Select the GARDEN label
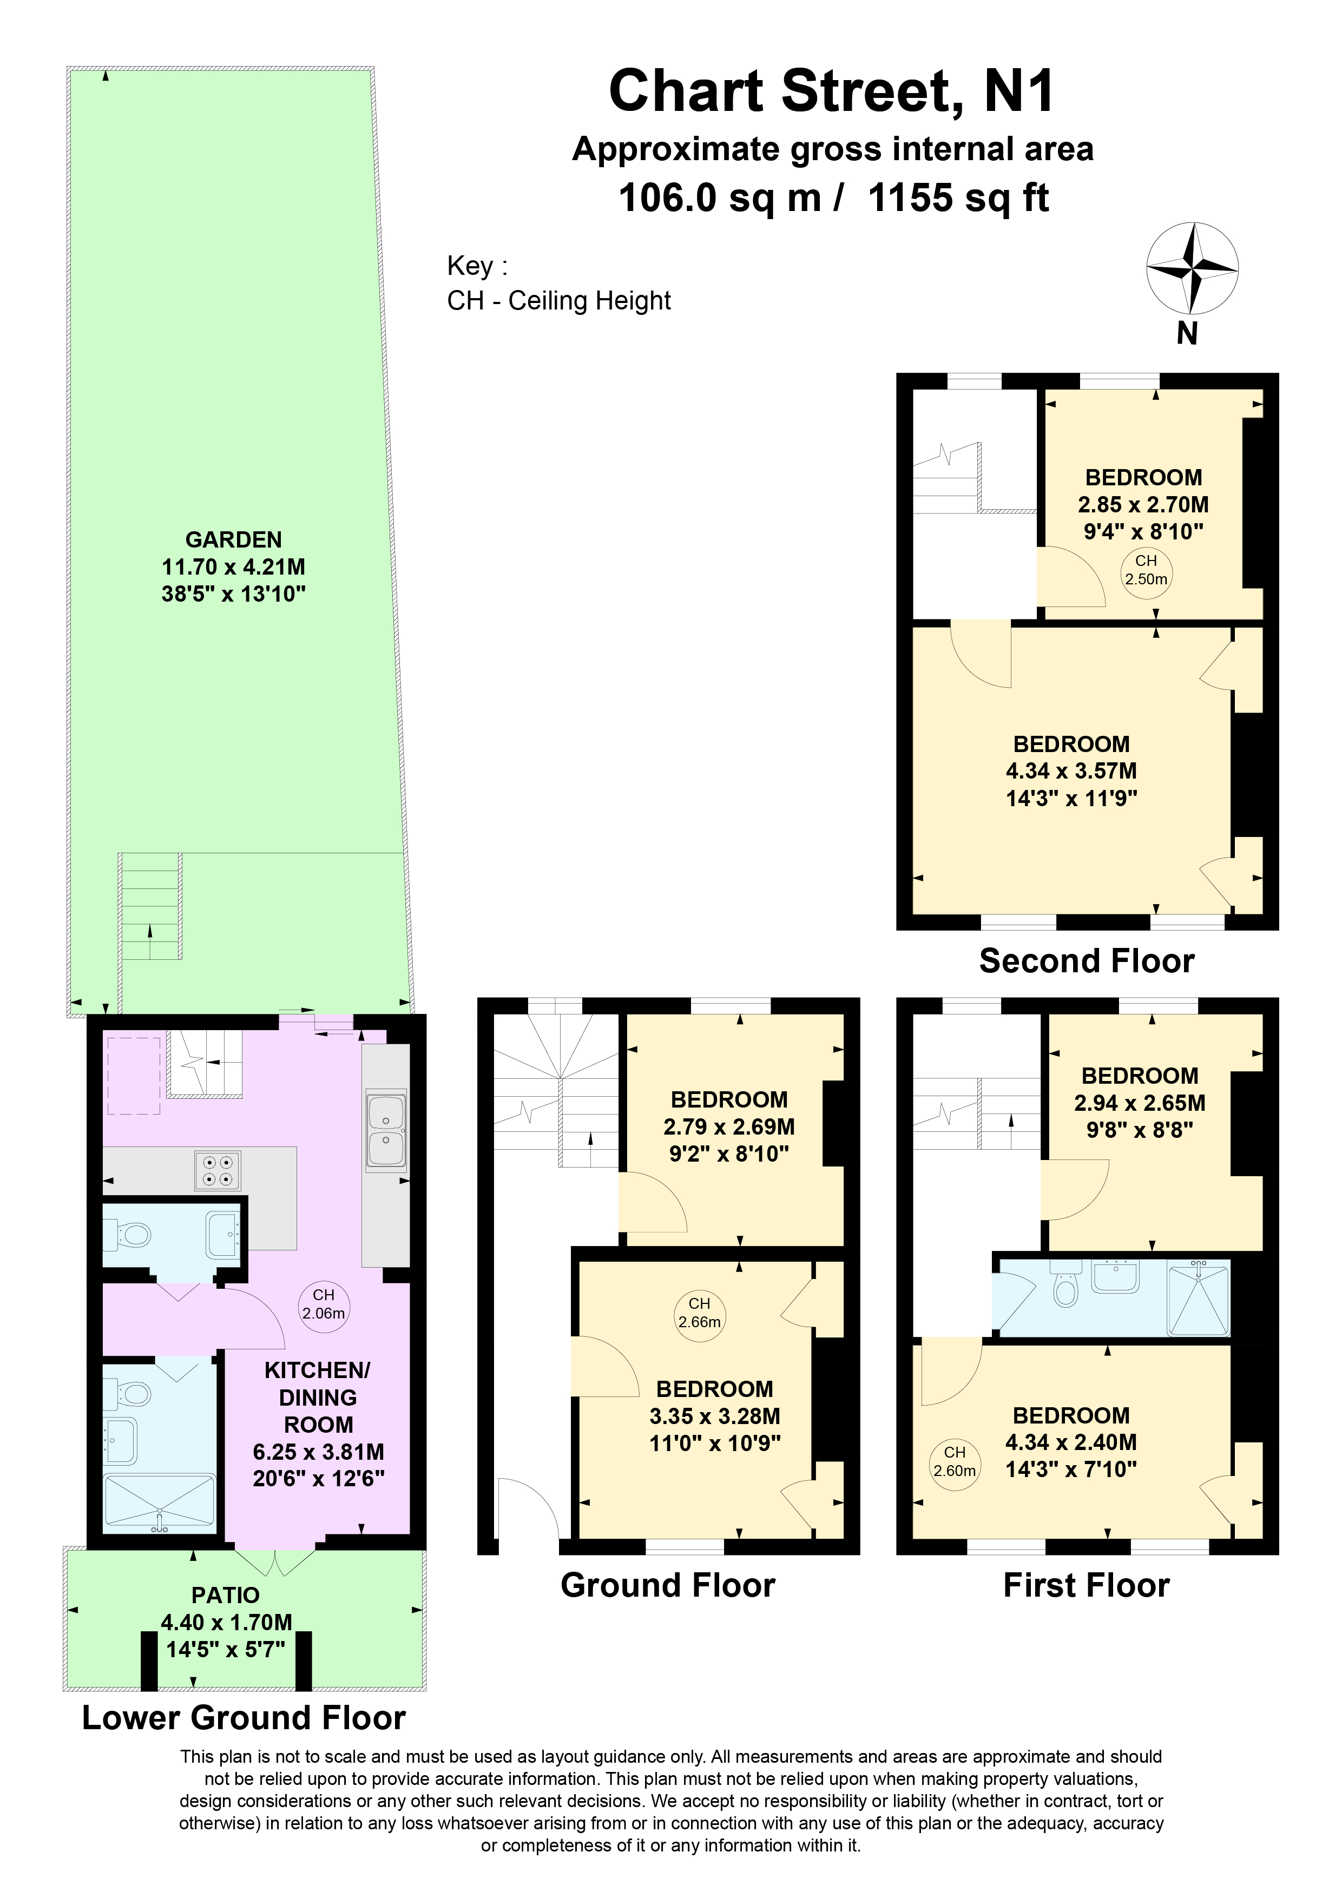tap(234, 540)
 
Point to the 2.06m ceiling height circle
tap(323, 1303)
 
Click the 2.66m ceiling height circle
tap(700, 1313)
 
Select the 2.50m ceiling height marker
tap(1146, 570)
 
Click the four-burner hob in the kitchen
tap(218, 1170)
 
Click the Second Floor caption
tap(1087, 961)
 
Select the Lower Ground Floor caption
tap(244, 1718)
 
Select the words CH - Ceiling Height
tap(559, 301)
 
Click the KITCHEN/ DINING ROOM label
tap(318, 1398)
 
